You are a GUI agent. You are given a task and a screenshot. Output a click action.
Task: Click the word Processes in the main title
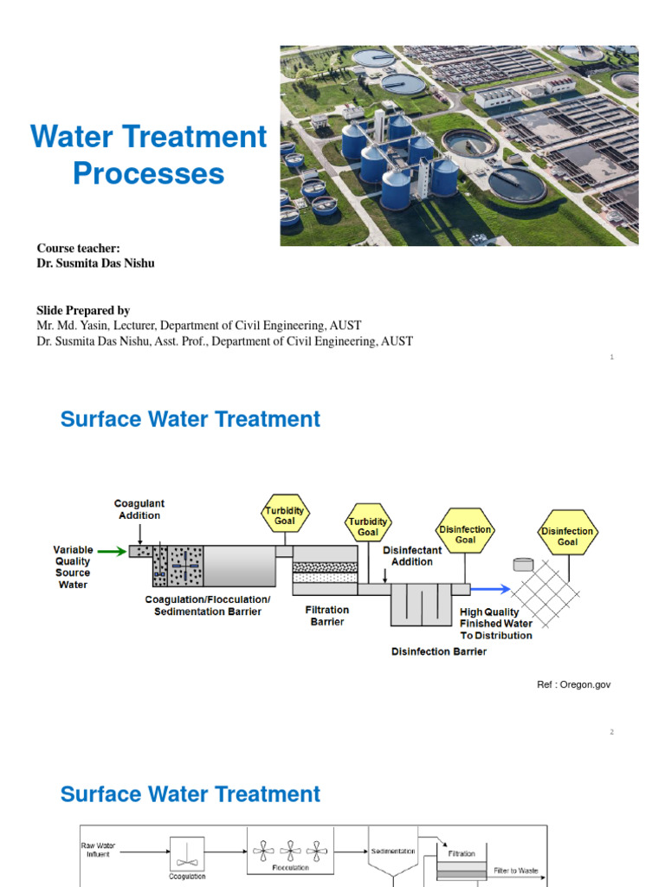click(x=148, y=174)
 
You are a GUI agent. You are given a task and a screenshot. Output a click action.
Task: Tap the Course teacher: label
click(x=78, y=249)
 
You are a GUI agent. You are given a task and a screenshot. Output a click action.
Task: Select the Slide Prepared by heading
click(x=83, y=310)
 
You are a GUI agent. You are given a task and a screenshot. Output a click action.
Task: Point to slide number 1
click(x=611, y=357)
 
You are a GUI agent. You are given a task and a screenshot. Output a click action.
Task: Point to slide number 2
click(x=611, y=732)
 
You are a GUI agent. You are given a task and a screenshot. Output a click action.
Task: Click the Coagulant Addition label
click(x=139, y=509)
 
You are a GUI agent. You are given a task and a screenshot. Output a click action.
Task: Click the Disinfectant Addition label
click(x=412, y=555)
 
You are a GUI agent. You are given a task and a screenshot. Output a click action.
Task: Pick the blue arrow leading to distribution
click(x=490, y=589)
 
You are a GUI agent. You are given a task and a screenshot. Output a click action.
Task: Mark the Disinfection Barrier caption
click(x=439, y=651)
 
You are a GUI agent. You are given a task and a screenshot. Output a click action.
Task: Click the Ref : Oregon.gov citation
click(x=574, y=685)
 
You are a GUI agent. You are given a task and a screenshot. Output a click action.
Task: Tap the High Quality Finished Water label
click(x=496, y=624)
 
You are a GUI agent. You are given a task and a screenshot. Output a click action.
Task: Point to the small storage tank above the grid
click(x=522, y=564)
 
